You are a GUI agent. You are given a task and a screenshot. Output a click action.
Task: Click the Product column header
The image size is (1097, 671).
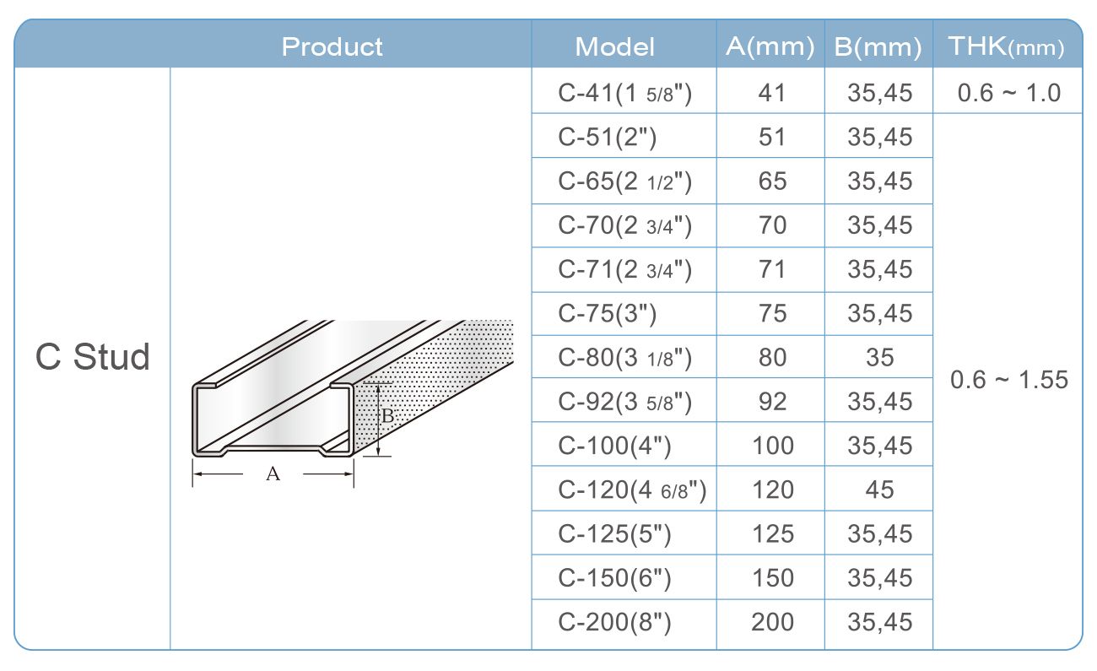[x=332, y=46]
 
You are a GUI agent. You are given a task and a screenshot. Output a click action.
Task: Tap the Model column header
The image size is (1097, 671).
[x=614, y=46]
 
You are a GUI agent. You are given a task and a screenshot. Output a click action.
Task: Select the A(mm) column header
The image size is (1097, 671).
[x=770, y=46]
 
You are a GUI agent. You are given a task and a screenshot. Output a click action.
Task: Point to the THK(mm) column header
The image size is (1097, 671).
[x=1007, y=46]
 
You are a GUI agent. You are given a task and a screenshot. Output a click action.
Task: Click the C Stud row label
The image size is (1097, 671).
[x=93, y=356]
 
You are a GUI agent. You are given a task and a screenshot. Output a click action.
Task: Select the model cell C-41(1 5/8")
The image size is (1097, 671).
[x=625, y=93]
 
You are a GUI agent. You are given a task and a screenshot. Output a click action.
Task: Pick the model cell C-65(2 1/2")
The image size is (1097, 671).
[x=625, y=181]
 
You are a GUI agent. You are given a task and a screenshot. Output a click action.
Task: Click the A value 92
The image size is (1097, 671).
[x=772, y=401]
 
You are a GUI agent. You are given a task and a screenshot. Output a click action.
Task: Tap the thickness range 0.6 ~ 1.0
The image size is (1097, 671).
[x=1009, y=93]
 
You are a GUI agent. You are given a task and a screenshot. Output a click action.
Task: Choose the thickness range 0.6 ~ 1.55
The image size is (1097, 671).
[x=1009, y=380]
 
